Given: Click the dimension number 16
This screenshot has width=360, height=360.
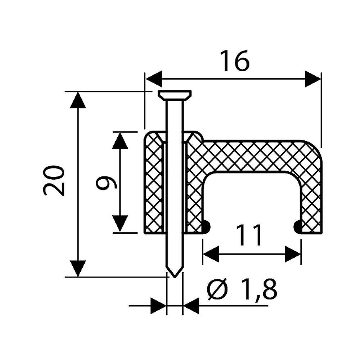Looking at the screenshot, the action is point(235,61).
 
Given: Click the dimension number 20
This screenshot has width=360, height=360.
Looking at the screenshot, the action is point(54,180).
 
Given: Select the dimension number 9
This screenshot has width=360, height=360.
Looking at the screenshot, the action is point(106,183).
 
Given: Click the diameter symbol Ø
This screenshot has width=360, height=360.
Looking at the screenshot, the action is point(217,289).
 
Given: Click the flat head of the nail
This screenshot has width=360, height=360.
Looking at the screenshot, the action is point(175,95).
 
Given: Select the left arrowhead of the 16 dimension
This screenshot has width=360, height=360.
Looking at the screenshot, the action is point(154,79).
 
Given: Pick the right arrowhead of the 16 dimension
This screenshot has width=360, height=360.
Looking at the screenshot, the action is point(313,79).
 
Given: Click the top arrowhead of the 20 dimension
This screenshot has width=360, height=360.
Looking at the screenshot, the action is point(78,100).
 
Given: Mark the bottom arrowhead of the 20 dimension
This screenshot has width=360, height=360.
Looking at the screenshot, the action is point(78,269).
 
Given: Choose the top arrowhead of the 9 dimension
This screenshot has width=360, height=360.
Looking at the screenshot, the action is point(120,140).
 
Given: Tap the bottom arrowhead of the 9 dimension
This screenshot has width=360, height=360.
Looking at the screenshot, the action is point(120,224).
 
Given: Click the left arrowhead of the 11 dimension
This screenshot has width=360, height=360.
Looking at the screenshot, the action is point(211,254).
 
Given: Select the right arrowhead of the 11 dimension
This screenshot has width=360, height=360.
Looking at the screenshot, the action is point(293,254).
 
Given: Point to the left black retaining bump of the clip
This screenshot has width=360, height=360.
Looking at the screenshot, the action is point(206,227).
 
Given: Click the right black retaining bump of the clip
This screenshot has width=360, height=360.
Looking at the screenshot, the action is point(298,227).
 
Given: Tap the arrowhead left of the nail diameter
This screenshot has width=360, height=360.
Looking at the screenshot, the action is point(158,306).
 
